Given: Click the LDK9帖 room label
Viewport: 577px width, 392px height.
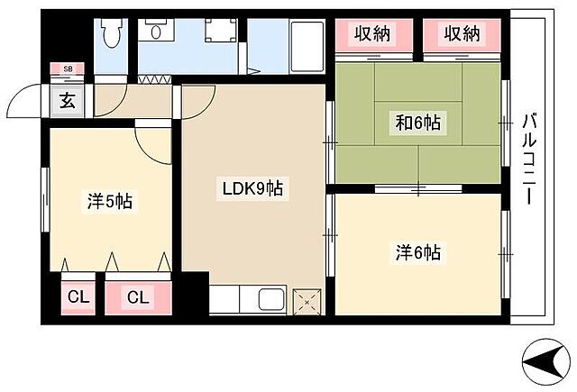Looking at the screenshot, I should (253, 189).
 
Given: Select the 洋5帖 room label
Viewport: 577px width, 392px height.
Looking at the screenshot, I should (110, 201).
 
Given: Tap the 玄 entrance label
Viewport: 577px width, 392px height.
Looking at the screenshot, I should (69, 100).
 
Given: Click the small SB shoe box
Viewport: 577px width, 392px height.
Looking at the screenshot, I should (68, 68).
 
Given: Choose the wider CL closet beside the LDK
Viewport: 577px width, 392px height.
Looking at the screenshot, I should (139, 296).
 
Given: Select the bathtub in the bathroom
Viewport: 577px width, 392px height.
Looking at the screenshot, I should (307, 42).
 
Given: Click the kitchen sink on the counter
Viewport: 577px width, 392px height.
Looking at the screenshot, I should (270, 298).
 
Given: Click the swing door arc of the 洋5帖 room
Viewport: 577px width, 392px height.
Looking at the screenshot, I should (151, 142).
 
